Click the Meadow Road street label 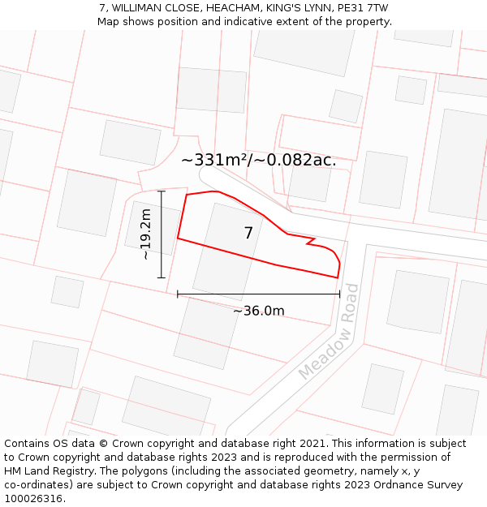(328, 332)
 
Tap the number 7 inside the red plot (248, 234)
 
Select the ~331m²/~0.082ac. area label (258, 160)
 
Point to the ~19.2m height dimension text (146, 234)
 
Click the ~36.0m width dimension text (259, 311)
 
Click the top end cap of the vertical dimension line (162, 191)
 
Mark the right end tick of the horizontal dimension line (339, 294)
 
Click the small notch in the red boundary (309, 241)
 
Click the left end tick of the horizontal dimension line (178, 294)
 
